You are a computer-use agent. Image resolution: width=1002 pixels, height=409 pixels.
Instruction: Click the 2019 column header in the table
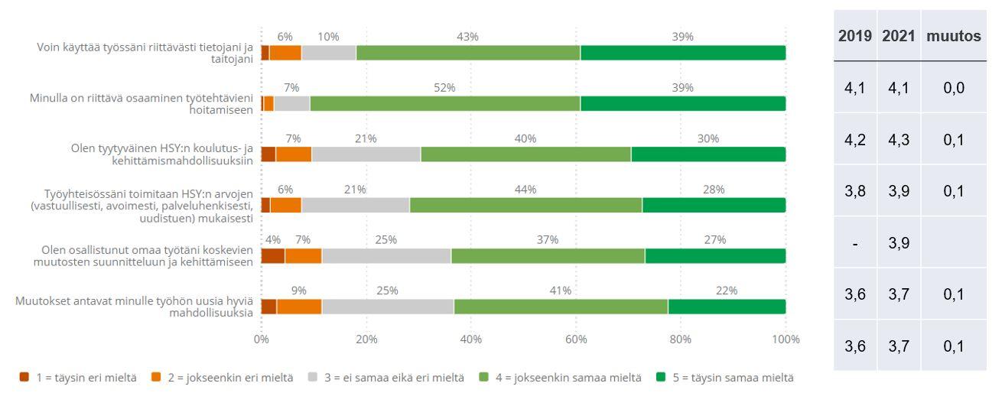855,36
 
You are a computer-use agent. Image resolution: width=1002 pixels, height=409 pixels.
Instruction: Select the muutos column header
953,36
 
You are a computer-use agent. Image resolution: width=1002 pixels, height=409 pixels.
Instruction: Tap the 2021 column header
898,36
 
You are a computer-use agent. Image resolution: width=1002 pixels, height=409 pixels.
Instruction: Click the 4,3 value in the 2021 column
898,140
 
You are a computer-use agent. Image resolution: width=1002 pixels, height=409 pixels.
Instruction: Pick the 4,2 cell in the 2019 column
855,140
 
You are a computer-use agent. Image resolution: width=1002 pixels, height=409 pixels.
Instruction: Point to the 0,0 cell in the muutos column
953,88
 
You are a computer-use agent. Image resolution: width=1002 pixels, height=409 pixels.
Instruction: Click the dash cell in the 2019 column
855,243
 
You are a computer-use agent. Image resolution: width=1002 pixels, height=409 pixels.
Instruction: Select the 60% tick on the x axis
576,339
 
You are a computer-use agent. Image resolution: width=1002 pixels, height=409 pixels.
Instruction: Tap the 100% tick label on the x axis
786,339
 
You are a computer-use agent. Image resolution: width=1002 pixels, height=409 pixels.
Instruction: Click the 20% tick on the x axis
366,339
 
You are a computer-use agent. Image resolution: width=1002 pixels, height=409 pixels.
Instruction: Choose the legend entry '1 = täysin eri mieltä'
78,378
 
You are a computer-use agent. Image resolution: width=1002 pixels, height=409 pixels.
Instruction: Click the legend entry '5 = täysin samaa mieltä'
724,378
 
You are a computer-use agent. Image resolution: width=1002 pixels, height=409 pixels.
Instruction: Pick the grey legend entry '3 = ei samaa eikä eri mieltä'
387,378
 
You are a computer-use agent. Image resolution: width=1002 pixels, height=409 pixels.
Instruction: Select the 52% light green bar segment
445,103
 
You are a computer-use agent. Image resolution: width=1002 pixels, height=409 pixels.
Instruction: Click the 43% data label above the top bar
467,37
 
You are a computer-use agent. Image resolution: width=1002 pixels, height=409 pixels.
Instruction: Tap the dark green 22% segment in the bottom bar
727,307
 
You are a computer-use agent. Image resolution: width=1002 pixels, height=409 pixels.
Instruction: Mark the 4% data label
272,240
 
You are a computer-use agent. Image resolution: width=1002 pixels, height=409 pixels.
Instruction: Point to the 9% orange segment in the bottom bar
299,307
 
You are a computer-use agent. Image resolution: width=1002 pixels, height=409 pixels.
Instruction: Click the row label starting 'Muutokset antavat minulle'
134,307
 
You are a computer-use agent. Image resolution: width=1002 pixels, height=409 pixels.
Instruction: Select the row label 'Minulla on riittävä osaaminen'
142,103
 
